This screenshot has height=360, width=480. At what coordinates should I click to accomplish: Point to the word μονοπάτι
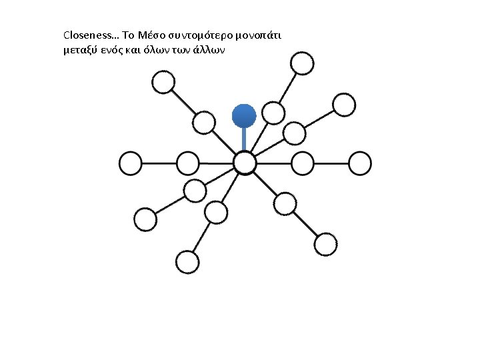(x=259, y=35)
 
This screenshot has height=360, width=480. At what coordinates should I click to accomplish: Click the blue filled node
(x=244, y=116)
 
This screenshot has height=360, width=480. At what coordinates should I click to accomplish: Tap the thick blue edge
(x=244, y=140)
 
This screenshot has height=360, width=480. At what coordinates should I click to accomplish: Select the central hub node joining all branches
(x=245, y=163)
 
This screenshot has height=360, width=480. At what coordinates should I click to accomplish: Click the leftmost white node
(x=131, y=163)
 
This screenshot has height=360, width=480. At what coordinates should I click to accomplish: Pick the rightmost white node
(x=360, y=163)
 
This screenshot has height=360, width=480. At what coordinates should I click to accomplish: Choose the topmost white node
(x=302, y=63)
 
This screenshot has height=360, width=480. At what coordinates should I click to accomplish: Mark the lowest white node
(x=188, y=261)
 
